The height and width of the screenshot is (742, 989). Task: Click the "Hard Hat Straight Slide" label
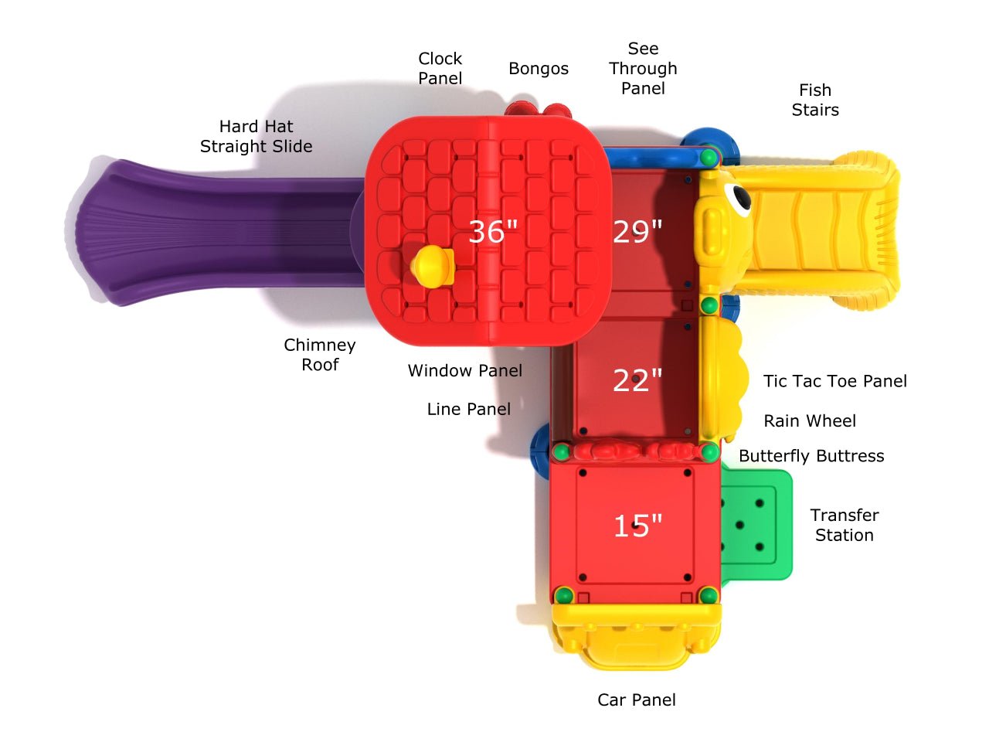tap(256, 136)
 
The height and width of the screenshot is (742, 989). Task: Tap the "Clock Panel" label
tap(440, 68)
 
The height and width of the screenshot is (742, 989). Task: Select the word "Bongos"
tap(538, 69)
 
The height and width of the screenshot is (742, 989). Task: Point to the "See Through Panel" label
tap(643, 68)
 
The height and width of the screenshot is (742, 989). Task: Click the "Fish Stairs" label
tap(815, 100)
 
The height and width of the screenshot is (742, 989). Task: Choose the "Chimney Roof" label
tap(320, 355)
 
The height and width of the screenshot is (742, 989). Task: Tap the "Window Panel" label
tap(465, 371)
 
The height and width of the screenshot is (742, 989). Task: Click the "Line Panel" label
tap(469, 409)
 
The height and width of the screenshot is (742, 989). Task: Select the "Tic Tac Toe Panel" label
tap(835, 381)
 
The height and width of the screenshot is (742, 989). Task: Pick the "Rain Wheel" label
tap(810, 421)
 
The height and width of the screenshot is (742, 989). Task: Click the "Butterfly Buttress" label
tap(811, 456)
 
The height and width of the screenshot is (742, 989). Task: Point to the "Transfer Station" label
tap(845, 525)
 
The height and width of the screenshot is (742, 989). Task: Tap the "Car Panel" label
tap(637, 699)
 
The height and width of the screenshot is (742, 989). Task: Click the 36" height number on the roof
tap(493, 232)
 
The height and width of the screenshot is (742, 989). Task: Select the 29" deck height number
tap(637, 232)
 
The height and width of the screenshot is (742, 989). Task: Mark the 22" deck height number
tap(637, 380)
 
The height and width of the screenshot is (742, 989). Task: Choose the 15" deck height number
tap(637, 526)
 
